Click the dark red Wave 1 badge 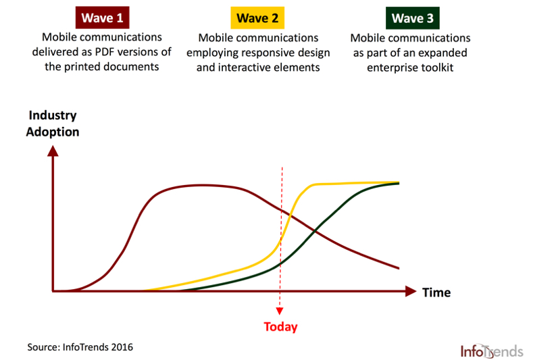(103, 18)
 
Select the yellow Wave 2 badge (257, 18)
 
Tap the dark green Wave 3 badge (413, 18)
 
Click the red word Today (280, 327)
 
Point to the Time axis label (436, 292)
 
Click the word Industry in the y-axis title (53, 115)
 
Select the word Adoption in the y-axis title (53, 132)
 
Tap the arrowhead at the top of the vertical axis (53, 151)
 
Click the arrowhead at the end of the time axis (411, 291)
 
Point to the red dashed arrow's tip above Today (280, 313)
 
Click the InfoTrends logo (491, 351)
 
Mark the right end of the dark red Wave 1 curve (399, 269)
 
